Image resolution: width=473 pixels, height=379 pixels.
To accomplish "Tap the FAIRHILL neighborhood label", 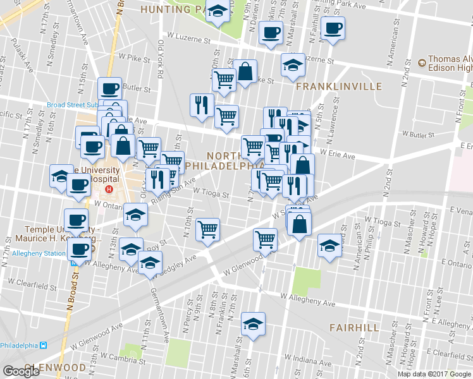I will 354,328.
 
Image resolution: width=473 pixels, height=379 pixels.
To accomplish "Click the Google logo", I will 21,371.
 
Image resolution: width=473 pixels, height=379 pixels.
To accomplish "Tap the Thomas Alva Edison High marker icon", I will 422,63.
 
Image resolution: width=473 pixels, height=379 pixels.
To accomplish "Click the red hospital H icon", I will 109,189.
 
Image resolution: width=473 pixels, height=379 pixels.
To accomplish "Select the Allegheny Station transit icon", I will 75,263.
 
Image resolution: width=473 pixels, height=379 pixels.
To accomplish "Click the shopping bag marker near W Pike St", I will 245,71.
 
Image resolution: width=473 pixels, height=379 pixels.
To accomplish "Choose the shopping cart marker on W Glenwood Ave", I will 265,239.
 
